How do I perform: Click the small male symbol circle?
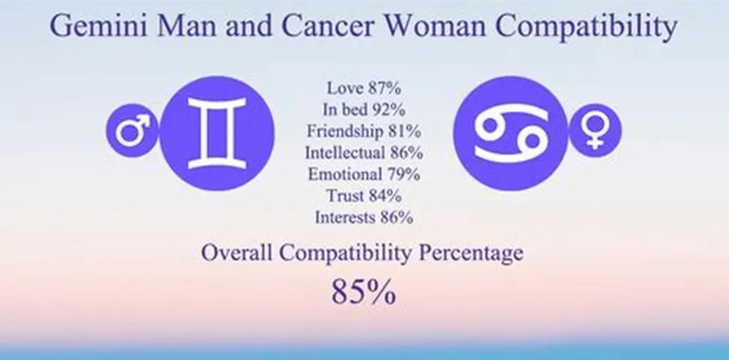129,130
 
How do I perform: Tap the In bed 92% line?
365,107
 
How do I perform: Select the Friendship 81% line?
364,129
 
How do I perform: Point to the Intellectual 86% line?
364,152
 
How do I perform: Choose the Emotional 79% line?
364,174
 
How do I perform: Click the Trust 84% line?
364,196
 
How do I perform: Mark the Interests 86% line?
364,218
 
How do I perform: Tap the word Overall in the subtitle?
238,255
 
